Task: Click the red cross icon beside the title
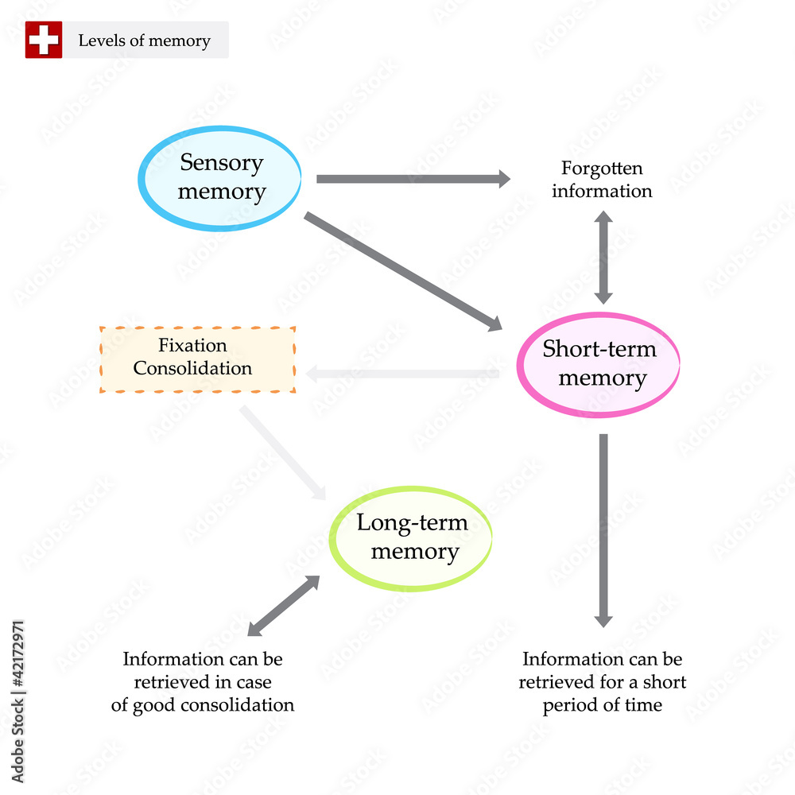tap(43, 40)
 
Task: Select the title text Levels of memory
tap(144, 41)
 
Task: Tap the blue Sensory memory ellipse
tap(221, 178)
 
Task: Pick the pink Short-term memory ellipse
tap(599, 364)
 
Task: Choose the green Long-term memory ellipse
tap(410, 538)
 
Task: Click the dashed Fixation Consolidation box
tap(197, 358)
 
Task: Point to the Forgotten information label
tap(602, 180)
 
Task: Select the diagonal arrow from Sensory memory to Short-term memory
tap(402, 271)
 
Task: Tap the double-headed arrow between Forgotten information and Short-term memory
tap(603, 257)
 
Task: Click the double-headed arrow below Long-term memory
tap(283, 606)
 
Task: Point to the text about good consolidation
tap(203, 682)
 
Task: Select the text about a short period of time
tap(602, 682)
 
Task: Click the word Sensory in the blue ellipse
tap(221, 163)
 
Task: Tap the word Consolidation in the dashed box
tap(192, 369)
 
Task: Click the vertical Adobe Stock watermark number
tap(17, 652)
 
